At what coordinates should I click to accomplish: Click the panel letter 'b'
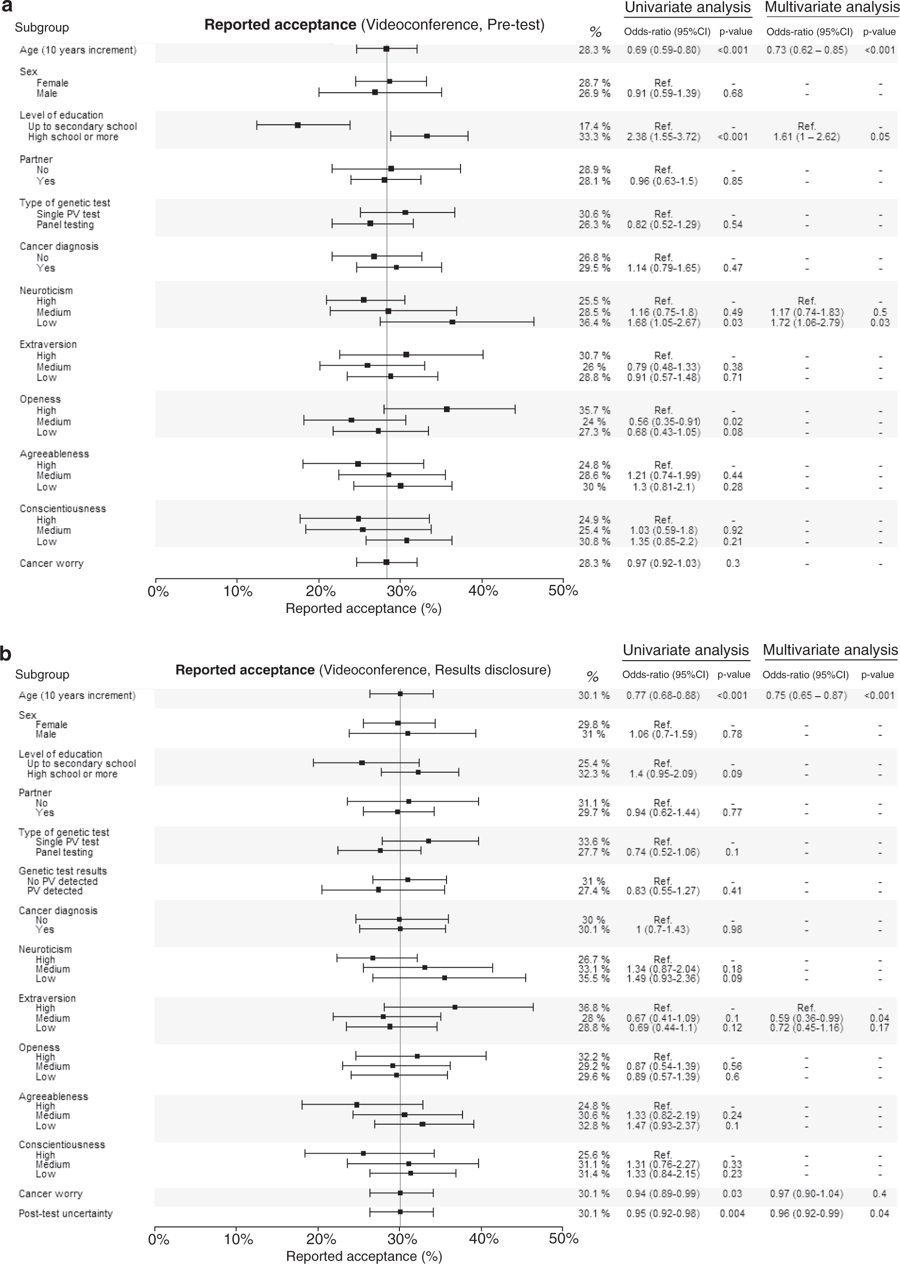(6, 654)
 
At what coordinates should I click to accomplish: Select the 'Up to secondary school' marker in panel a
(298, 125)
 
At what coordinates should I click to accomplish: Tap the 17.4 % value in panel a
(594, 126)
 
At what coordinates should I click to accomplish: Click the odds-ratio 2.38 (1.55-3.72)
(663, 137)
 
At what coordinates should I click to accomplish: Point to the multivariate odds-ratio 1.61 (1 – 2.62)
(806, 137)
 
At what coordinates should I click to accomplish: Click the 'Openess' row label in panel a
(40, 399)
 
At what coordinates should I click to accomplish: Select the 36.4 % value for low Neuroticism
(594, 322)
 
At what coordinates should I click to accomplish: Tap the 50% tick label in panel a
(563, 591)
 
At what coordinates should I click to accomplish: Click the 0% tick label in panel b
(158, 1239)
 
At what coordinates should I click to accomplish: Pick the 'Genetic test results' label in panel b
(63, 871)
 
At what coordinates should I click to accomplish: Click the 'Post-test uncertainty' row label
(65, 1213)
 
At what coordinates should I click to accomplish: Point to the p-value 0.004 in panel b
(732, 1213)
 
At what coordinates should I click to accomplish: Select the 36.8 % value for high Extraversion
(593, 1007)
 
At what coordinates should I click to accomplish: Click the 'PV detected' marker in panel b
(378, 890)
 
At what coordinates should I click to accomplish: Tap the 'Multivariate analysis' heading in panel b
(830, 650)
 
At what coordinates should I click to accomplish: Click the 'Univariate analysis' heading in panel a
(687, 8)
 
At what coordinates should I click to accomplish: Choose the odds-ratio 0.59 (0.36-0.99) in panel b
(806, 1018)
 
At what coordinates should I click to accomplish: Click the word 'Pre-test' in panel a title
(515, 25)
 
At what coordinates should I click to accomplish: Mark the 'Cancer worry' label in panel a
(52, 563)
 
